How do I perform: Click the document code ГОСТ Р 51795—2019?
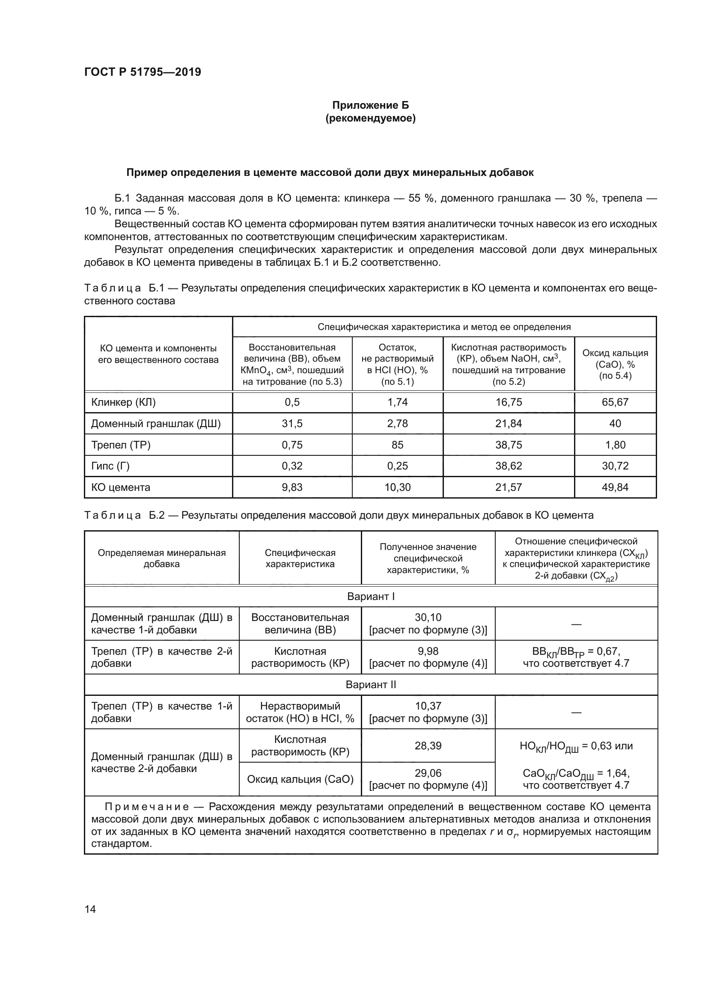(143, 72)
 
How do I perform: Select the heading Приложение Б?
(370, 105)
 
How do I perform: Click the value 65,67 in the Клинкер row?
(615, 402)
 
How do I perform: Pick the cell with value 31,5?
(292, 423)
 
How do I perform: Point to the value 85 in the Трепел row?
(397, 445)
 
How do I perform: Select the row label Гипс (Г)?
(110, 466)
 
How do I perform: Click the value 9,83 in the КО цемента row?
(292, 487)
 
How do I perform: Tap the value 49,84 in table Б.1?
(615, 487)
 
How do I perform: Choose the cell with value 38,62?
(509, 466)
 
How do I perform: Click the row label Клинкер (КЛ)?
(123, 402)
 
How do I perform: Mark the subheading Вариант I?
(371, 596)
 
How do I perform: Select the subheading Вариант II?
(371, 684)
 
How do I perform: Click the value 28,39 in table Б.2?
(428, 746)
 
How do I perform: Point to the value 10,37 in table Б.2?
(428, 706)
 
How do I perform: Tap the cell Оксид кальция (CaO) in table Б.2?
(300, 778)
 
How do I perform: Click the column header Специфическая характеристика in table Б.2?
(300, 558)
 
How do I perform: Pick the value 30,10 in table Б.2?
(428, 618)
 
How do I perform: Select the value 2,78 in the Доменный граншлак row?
(397, 423)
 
